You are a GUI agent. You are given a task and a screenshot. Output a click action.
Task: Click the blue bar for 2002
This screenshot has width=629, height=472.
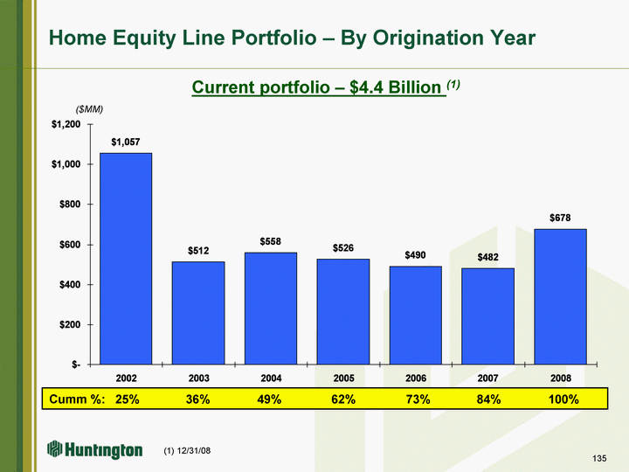[126, 259]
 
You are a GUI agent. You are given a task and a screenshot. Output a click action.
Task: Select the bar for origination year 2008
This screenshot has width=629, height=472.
[560, 296]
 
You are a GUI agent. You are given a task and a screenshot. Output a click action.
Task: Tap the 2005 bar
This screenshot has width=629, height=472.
[343, 311]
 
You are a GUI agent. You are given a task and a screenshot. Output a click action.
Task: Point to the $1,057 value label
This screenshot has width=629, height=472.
[126, 142]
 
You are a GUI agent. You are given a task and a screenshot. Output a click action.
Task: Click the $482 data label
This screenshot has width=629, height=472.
[487, 257]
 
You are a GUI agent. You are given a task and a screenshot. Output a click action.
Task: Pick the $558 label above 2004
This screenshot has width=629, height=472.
[270, 241]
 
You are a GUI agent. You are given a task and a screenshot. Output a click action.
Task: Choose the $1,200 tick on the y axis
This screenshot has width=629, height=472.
[66, 124]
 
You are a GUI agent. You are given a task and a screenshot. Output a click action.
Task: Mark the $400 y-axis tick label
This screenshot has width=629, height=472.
[70, 285]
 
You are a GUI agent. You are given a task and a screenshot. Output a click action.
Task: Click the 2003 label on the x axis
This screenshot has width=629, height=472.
[199, 378]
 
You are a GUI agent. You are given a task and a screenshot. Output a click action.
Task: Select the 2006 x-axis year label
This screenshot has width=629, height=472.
[416, 378]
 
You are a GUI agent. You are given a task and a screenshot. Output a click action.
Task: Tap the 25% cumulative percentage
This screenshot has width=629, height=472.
[128, 399]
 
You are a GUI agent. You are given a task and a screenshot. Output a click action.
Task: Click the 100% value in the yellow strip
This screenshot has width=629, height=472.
[563, 399]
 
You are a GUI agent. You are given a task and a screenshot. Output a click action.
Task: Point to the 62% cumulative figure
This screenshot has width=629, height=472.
[343, 399]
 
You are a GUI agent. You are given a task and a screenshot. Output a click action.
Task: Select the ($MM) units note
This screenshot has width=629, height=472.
[89, 109]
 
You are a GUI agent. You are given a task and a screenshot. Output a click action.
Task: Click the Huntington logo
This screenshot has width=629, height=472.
[94, 449]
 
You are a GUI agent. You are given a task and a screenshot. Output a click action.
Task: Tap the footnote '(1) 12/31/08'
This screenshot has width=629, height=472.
[187, 451]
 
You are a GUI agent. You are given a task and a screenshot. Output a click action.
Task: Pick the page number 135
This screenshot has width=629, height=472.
[599, 458]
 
